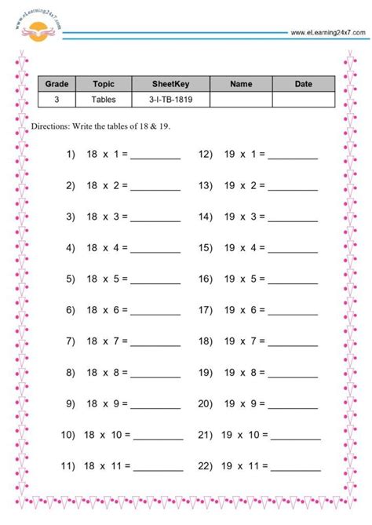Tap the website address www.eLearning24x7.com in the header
point(326,32)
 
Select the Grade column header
point(57,84)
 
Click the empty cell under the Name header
point(241,100)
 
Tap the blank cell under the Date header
point(303,100)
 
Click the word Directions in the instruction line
point(52,126)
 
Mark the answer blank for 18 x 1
point(155,156)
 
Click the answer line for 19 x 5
point(293,279)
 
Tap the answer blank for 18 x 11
point(160,467)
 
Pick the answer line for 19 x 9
point(293,404)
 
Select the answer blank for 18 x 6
point(155,312)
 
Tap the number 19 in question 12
point(229,155)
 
